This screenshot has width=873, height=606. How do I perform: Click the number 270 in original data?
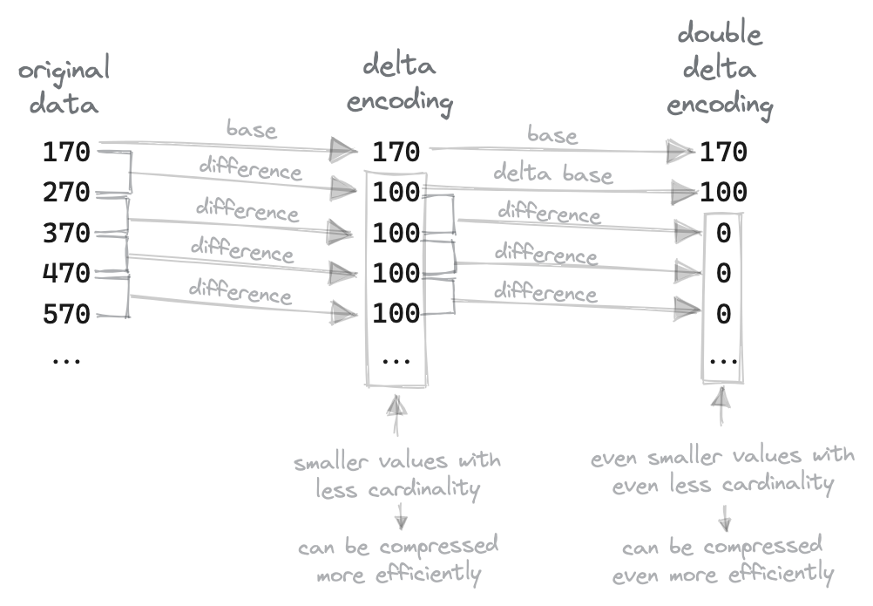66,193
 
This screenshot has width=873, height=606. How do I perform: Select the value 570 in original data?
66,314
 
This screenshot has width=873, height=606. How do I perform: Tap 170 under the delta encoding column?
396,153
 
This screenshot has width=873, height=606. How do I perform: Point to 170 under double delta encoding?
724,153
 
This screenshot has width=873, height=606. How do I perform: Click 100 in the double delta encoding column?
724,193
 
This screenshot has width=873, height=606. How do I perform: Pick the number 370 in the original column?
66,234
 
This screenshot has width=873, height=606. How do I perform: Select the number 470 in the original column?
66,274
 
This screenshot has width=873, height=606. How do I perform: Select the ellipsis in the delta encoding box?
396,359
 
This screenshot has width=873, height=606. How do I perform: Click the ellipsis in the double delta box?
723,359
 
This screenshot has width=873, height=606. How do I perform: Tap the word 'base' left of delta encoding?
251,130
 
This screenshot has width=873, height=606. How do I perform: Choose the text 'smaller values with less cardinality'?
398,473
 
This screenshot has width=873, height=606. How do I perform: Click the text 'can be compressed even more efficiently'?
722,560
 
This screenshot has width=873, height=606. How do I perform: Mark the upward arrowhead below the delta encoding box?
396,405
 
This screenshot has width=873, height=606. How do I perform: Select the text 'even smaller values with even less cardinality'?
723,470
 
